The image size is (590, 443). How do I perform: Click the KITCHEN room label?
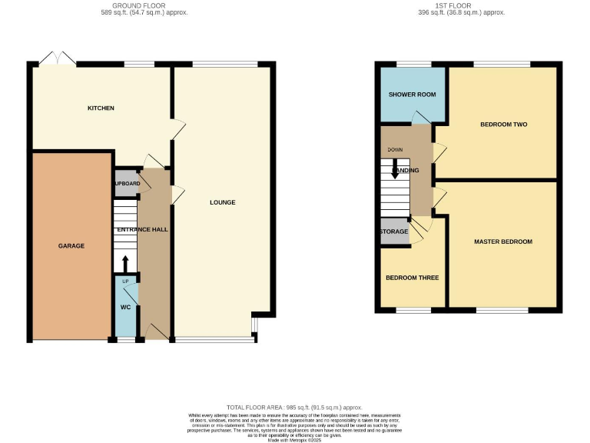101,108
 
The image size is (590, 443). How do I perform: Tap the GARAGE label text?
71,246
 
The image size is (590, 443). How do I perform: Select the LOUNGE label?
222,202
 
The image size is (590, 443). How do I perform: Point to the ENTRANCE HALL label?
142,229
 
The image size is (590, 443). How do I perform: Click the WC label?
125,308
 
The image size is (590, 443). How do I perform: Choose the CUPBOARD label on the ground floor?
127,184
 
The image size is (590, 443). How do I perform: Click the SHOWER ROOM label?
412,95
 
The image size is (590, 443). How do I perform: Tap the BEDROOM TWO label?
503,124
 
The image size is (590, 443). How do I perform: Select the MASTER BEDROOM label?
502,241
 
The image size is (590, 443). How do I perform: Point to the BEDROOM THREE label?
412,278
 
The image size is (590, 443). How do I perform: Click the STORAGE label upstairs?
393,231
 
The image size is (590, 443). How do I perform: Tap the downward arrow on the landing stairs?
395,170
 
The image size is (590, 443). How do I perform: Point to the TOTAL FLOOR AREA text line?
294,408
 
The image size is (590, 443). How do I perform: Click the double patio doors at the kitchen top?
58,58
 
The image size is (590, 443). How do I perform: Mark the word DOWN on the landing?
395,150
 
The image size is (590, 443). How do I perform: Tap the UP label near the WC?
125,282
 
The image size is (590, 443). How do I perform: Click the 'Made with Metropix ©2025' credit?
294,438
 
